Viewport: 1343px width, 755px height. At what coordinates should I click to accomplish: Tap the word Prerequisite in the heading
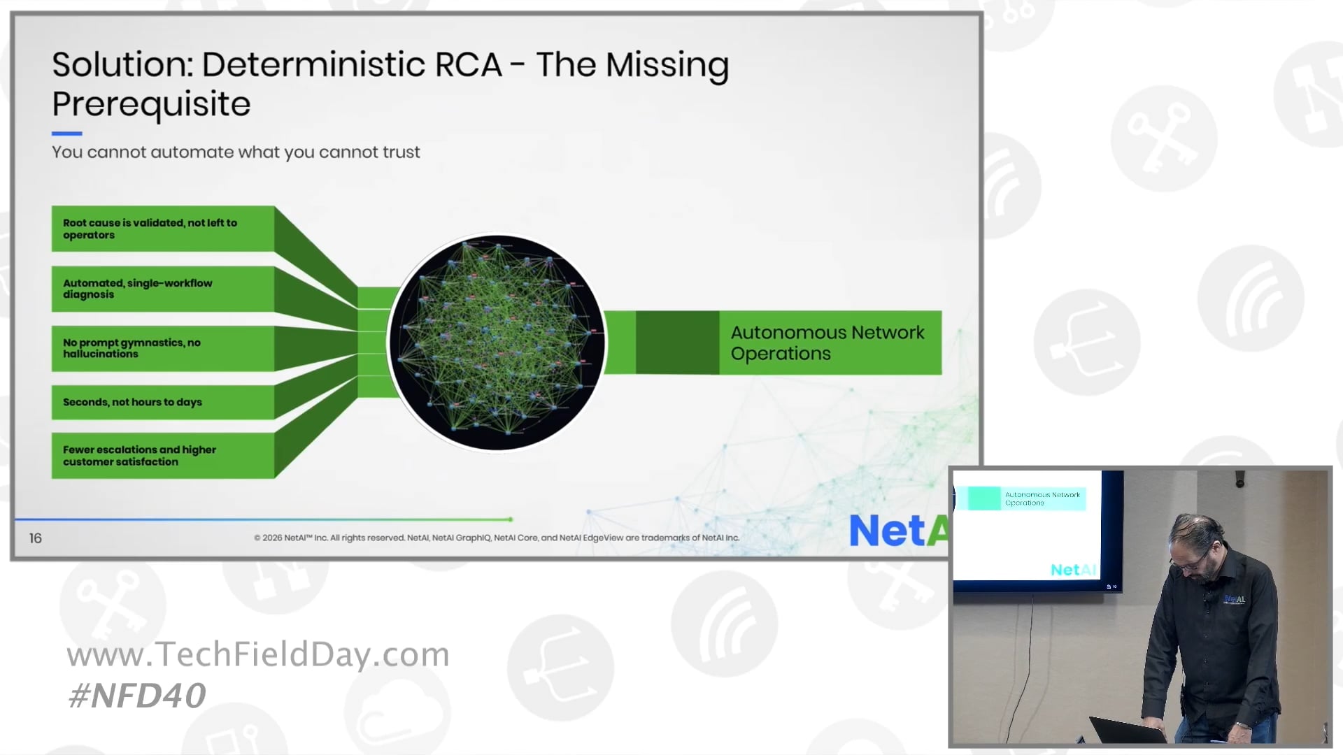tap(151, 104)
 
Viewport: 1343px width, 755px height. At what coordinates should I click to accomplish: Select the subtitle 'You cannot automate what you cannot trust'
tap(236, 152)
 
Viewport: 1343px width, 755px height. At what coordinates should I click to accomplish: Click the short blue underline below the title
tap(67, 134)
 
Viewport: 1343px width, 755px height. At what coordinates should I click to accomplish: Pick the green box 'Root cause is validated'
tap(162, 229)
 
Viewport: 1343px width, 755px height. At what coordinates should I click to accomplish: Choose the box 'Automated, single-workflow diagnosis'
tap(162, 289)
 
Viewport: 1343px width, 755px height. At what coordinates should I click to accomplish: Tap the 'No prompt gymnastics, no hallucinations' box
tap(162, 348)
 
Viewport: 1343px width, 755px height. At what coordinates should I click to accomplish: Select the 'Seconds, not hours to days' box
tap(162, 402)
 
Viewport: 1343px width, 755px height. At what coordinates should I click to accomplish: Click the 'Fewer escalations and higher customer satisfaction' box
tap(162, 455)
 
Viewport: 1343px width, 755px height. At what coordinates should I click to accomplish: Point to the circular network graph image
tap(497, 343)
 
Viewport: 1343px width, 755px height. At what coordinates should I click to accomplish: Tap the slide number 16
tap(36, 538)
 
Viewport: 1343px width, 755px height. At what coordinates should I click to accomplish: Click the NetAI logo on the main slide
tap(898, 531)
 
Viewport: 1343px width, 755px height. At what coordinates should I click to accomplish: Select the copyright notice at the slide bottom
tap(497, 538)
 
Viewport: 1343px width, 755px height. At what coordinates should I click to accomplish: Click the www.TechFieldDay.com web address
tap(258, 655)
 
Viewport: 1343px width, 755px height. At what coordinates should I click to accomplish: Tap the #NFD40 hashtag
tap(138, 696)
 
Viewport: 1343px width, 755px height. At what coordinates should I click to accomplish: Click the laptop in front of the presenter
tap(1126, 731)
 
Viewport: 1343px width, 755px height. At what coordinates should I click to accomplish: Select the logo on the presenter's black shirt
tap(1235, 599)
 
